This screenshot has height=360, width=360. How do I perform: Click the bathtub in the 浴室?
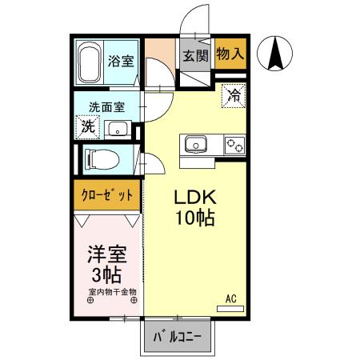click(x=90, y=63)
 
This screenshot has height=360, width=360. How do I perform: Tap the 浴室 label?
click(x=121, y=61)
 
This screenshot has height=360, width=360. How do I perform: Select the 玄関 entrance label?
click(x=196, y=56)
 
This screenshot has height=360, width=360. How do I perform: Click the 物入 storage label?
click(x=230, y=54)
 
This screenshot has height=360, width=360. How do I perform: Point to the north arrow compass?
click(x=275, y=54)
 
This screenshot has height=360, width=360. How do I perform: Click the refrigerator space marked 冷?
click(x=234, y=95)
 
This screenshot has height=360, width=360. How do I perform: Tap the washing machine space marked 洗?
click(x=88, y=127)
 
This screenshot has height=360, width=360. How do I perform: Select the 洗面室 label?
click(x=106, y=107)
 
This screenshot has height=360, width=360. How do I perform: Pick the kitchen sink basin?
click(x=196, y=144)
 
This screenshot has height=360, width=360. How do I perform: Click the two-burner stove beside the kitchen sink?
click(x=235, y=145)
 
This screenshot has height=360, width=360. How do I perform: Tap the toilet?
click(x=102, y=159)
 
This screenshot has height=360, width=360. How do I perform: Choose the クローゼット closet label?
click(x=107, y=195)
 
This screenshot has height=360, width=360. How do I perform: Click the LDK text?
click(x=195, y=198)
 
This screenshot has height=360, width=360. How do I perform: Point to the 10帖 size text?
click(x=195, y=218)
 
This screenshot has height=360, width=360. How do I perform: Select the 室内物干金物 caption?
click(x=113, y=292)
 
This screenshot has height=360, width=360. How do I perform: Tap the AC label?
click(x=231, y=299)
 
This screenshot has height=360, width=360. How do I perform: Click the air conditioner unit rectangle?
click(x=230, y=309)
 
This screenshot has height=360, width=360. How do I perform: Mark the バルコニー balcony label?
click(x=178, y=337)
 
